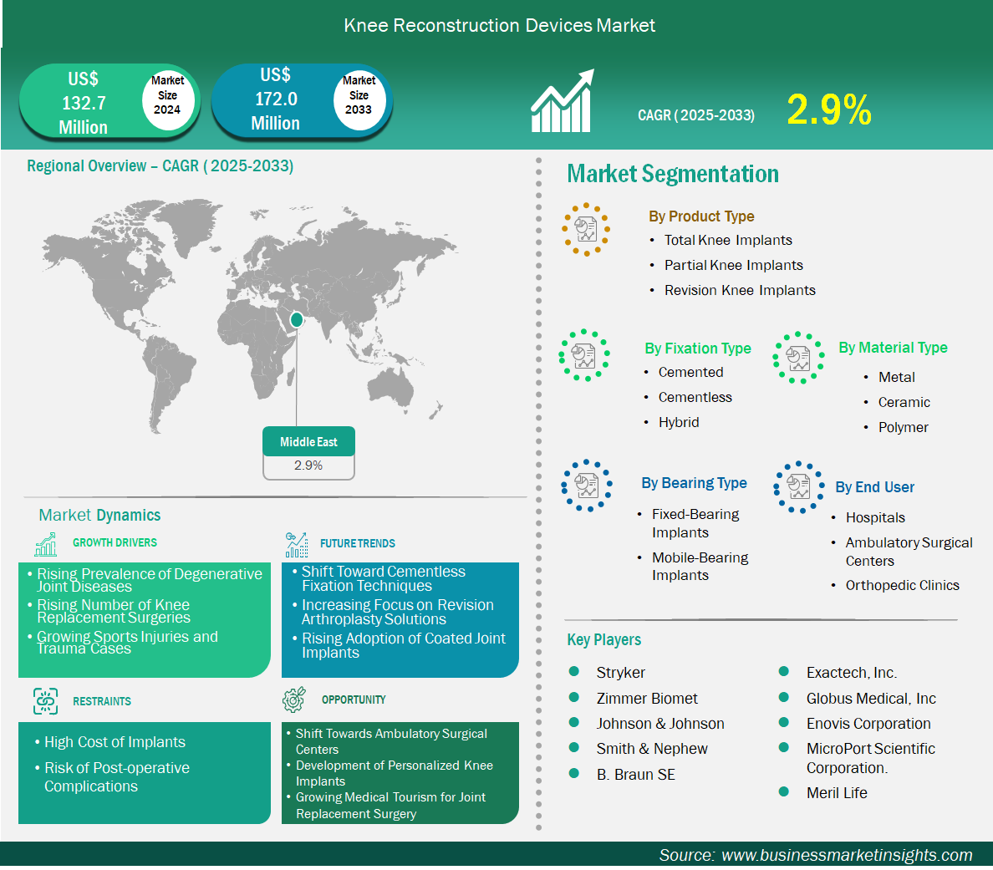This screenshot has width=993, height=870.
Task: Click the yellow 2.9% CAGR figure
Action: click(x=829, y=109)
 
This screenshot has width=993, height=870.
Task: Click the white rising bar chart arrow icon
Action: click(x=563, y=100)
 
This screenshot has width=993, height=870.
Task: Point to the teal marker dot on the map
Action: click(x=297, y=320)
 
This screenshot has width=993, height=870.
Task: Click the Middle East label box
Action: click(x=309, y=441)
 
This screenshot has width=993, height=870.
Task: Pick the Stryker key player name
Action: click(x=620, y=673)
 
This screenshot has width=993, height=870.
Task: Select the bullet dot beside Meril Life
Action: click(x=783, y=791)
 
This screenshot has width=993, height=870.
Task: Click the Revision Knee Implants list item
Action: click(x=740, y=290)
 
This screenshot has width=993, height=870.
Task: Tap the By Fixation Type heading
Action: click(x=698, y=349)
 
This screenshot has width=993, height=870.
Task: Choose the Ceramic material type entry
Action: click(x=904, y=402)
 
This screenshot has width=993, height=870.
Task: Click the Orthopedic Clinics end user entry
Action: click(x=903, y=585)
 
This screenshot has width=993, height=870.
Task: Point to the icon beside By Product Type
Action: click(x=586, y=229)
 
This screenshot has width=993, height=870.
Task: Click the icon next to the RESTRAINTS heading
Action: click(x=46, y=701)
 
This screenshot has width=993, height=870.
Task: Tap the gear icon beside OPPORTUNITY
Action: click(x=294, y=699)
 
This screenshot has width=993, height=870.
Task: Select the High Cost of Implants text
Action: click(x=115, y=742)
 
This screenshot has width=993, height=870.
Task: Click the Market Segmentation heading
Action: click(x=673, y=174)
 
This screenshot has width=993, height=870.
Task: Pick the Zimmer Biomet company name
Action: click(x=647, y=699)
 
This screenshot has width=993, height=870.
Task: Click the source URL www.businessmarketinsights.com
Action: click(x=847, y=855)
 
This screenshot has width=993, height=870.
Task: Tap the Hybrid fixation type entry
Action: click(x=678, y=422)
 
